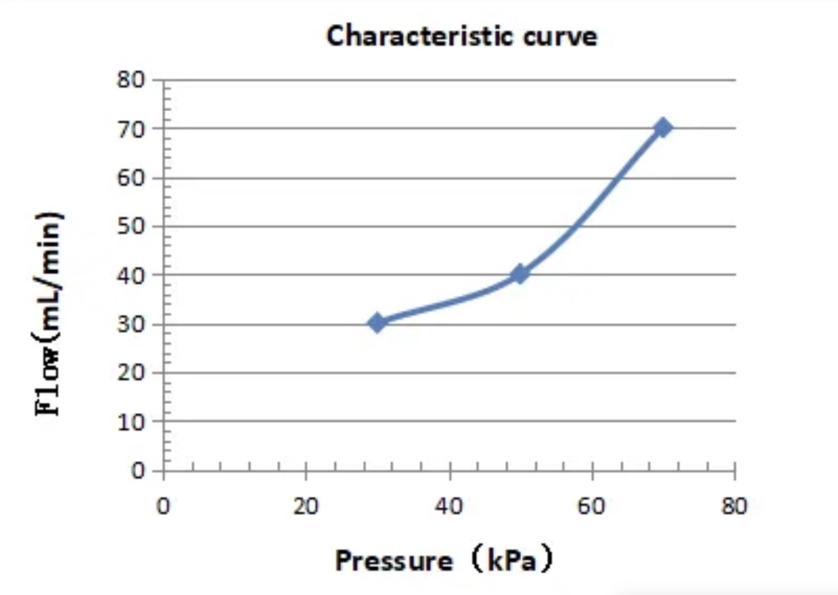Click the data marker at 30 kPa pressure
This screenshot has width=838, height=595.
tap(377, 323)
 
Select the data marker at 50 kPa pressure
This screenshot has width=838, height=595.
tap(519, 274)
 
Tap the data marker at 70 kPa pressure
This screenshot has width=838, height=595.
tap(662, 128)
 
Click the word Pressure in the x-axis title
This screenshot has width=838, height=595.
tap(394, 561)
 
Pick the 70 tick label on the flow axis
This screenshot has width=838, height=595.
tap(131, 129)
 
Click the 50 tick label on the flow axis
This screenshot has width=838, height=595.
tap(131, 227)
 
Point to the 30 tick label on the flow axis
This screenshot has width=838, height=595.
tap(131, 325)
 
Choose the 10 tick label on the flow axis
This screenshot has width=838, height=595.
tap(131, 422)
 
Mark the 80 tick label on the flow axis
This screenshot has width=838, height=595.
tap(131, 79)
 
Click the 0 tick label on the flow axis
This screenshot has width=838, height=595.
tap(138, 471)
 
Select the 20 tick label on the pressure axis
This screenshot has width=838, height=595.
tap(306, 505)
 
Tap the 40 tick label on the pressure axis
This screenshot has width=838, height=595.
tap(449, 505)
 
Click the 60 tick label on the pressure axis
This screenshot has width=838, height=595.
tap(592, 505)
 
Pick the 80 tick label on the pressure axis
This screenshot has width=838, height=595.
tap(735, 505)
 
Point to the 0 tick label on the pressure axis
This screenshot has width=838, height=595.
tap(163, 505)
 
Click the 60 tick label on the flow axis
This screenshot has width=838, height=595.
tap(131, 178)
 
